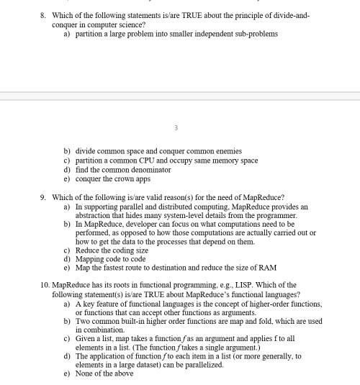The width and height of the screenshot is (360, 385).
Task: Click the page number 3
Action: tap(176, 128)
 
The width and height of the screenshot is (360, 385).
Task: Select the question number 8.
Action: tap(43, 14)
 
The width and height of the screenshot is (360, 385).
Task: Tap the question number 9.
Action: tap(43, 197)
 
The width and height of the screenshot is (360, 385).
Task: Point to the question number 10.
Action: tap(45, 285)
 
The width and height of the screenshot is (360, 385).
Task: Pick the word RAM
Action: tap(267, 268)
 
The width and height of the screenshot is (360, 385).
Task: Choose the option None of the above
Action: tap(104, 373)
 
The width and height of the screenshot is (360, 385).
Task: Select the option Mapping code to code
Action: tap(110, 259)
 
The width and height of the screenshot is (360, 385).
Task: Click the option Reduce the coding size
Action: tap(112, 250)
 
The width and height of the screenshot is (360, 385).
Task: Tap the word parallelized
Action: tap(205, 365)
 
